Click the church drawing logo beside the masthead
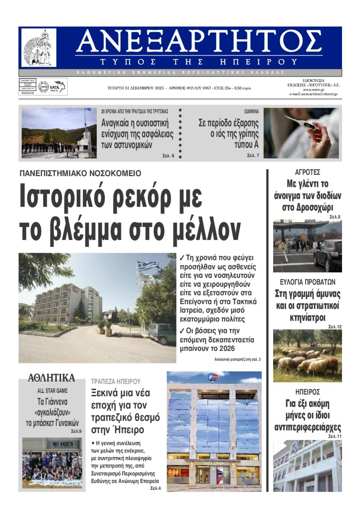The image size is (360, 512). [39, 48]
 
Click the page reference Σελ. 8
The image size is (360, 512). [168, 156]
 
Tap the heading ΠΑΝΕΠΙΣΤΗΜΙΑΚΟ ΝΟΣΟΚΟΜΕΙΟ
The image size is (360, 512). [80, 173]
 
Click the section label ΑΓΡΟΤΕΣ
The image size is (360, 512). [307, 172]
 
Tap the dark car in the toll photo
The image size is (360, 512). [328, 255]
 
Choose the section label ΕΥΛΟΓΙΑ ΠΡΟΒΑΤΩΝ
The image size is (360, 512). [307, 282]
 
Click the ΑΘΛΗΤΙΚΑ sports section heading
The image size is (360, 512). [51, 377]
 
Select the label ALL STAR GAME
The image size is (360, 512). [52, 391]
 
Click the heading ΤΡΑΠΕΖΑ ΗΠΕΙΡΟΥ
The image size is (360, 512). [116, 381]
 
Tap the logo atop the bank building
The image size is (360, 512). [212, 377]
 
